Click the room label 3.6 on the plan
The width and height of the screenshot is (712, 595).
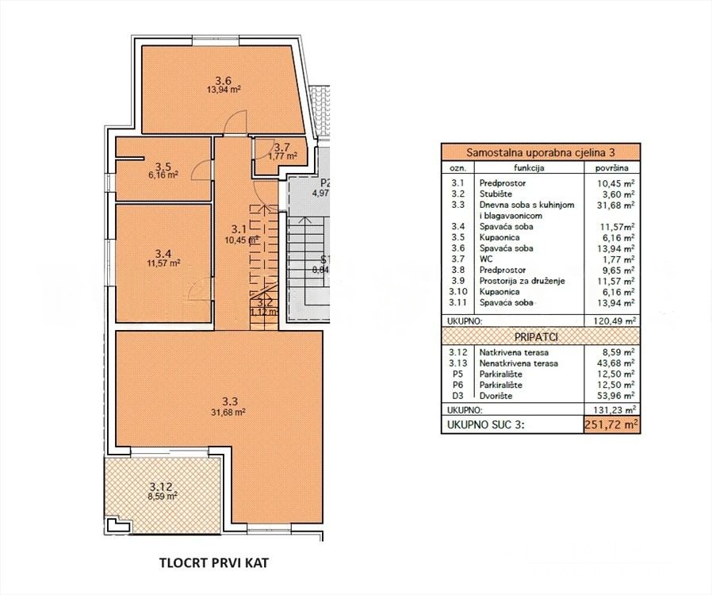(223, 79)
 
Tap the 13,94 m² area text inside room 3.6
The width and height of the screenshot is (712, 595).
(223, 90)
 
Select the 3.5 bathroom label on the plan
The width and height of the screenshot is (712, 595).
(163, 167)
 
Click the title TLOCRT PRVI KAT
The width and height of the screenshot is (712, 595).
(213, 564)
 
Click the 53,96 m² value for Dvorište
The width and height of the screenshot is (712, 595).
(619, 395)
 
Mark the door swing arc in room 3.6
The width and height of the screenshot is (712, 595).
(233, 119)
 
